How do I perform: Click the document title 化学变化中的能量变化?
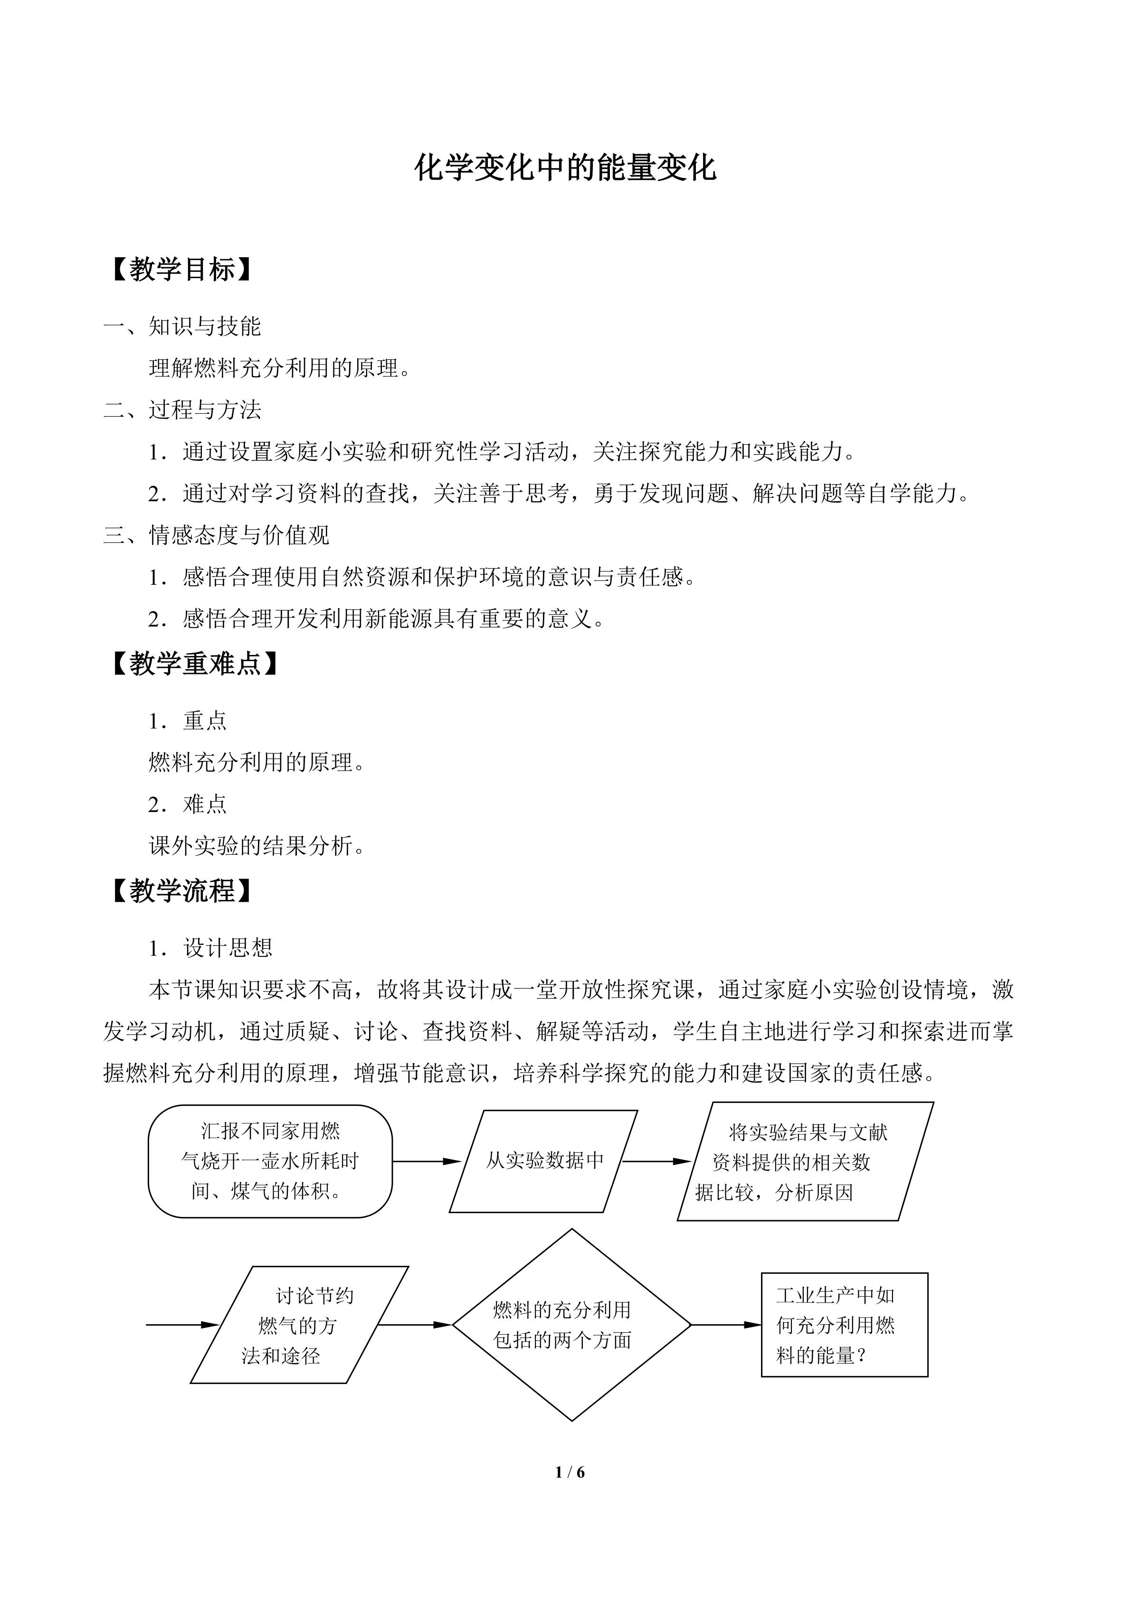click(565, 168)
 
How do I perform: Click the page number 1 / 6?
click(570, 1472)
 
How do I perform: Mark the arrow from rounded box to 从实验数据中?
click(426, 1161)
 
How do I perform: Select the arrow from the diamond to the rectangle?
click(726, 1325)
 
